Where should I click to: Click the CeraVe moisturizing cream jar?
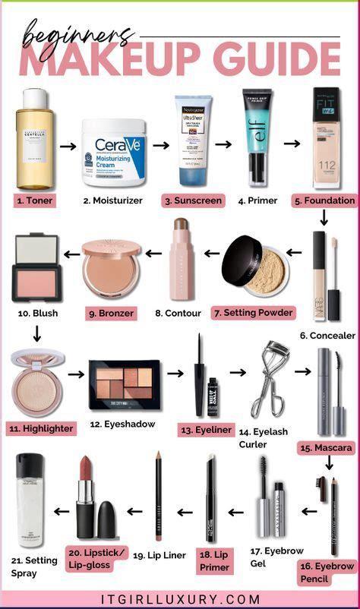coord(113,152)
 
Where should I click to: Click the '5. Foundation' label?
coord(324,201)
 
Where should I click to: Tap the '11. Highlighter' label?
coord(42,428)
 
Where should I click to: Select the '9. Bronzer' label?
coord(111,312)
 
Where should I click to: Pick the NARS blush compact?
coord(35,268)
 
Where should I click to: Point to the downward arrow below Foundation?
coord(324,219)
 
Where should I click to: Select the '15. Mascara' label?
coord(326,448)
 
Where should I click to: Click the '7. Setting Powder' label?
coord(253,312)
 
